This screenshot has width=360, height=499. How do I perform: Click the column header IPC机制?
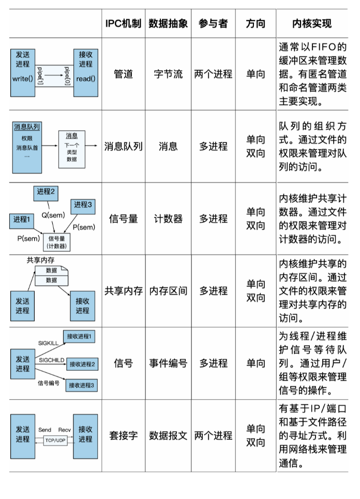[123, 24]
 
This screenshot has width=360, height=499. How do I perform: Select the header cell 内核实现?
[312, 24]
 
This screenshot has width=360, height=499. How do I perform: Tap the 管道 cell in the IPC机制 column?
[123, 74]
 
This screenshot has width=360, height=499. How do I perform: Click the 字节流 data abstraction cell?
[168, 74]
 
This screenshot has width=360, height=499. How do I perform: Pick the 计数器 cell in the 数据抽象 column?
[168, 219]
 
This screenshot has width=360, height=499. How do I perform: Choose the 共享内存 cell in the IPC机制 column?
[123, 291]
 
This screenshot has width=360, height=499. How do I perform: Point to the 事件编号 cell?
[168, 364]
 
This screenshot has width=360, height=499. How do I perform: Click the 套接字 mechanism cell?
[123, 435]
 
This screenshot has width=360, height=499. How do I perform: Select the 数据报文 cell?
[168, 435]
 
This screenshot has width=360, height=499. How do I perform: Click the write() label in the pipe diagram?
[22, 79]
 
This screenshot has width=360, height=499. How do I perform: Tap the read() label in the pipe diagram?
[86, 79]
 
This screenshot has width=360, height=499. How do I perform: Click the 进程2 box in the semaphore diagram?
[46, 192]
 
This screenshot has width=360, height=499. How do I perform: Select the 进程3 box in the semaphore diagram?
[83, 205]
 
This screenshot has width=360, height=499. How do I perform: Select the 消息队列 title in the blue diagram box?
[27, 127]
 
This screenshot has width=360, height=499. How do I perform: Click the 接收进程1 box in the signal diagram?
[80, 337]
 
